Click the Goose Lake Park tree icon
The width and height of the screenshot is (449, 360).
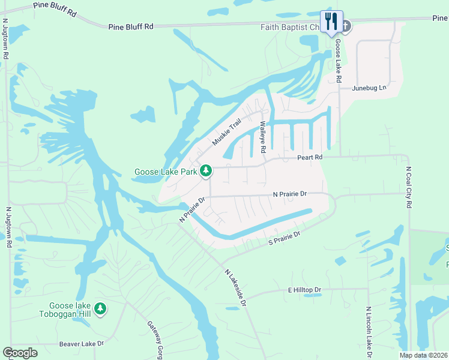206,171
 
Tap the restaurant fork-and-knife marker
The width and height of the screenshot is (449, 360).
331,22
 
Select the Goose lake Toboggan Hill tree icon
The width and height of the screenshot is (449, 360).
101,308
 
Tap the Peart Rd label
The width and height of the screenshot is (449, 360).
310,157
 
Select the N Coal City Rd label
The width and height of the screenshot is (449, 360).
409,187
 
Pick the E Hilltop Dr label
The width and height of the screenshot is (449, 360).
304,290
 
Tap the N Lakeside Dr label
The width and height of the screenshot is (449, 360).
236,287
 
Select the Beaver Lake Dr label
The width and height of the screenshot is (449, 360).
82,344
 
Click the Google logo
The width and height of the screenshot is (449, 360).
20,353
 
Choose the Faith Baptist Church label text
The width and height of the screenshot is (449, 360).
292,27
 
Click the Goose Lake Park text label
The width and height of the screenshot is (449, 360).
165,172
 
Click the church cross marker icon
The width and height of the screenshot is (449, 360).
346,26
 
